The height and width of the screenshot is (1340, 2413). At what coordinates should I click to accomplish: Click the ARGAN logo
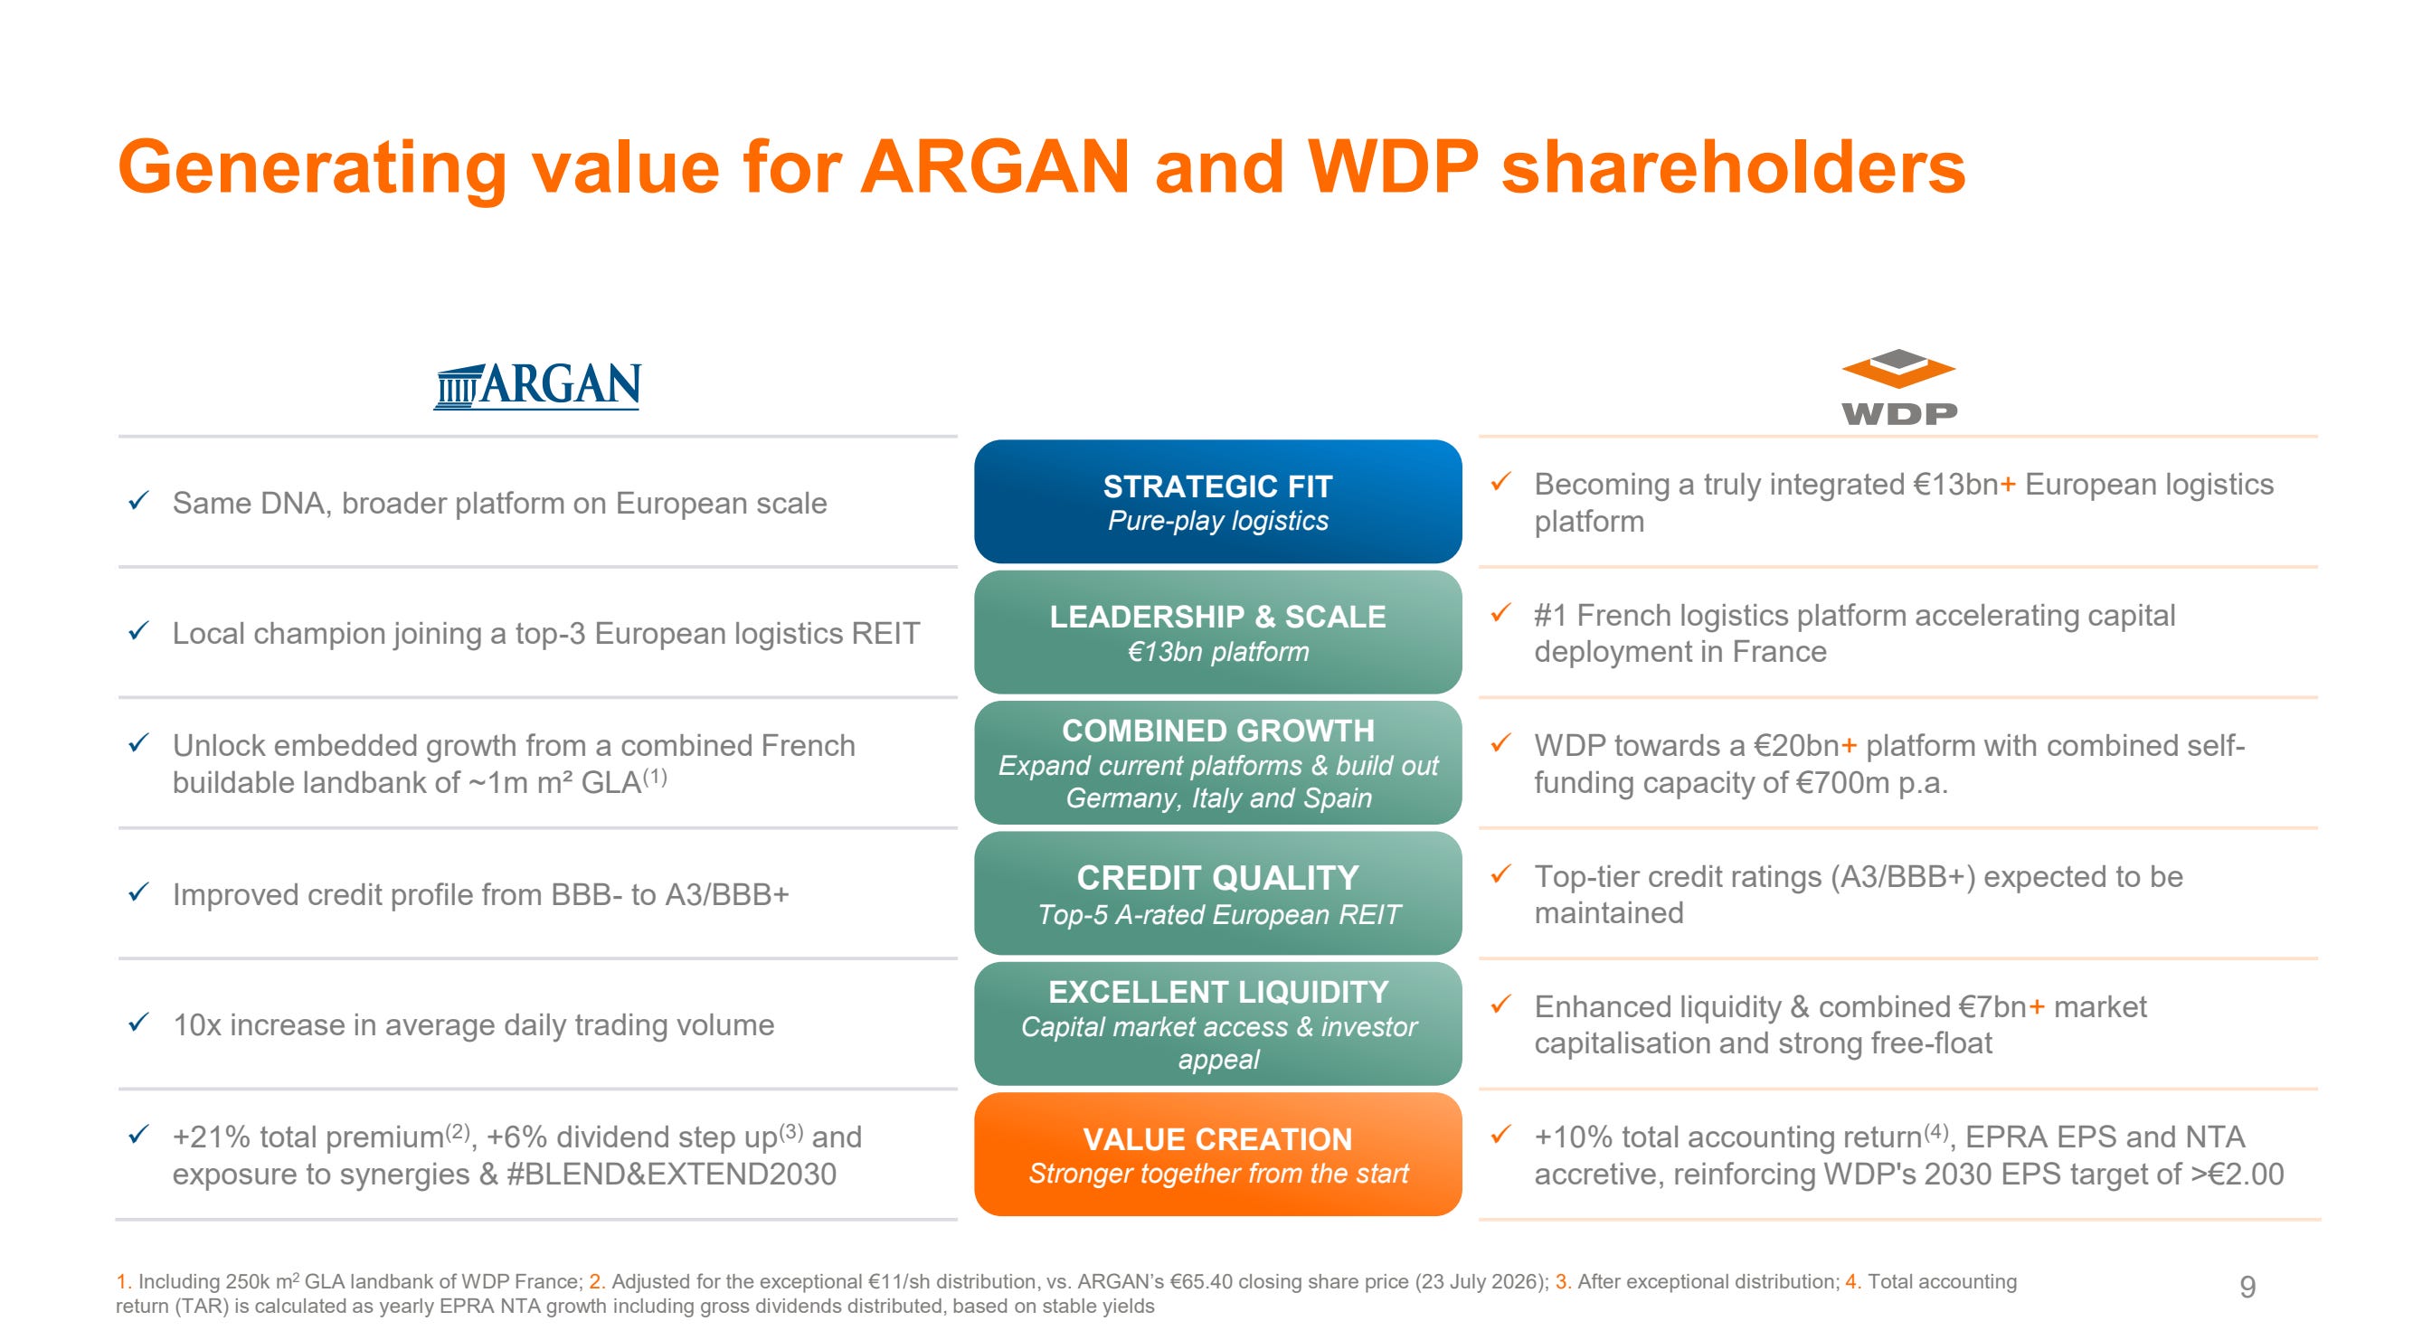point(537,385)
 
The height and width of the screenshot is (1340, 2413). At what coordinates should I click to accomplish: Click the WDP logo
point(1898,388)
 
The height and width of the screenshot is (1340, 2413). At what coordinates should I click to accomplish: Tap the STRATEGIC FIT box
point(1217,501)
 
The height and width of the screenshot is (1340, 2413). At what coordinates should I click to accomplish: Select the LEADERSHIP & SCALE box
point(1217,632)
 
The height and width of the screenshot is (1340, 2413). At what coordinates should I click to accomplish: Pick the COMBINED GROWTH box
point(1217,762)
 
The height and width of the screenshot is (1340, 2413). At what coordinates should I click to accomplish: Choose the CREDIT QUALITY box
point(1217,893)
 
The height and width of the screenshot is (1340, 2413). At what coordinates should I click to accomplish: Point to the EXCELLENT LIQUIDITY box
point(1217,1024)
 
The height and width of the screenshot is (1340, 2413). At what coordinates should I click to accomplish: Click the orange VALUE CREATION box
point(1217,1155)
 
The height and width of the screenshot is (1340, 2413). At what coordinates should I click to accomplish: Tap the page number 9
point(2247,1287)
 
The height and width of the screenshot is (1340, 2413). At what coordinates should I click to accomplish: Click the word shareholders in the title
point(1733,166)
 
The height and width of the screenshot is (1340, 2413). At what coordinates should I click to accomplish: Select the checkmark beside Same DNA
point(138,502)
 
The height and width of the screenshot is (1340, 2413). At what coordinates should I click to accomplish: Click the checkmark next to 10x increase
point(138,1023)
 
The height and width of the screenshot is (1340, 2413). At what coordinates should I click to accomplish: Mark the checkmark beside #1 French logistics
point(1500,613)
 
